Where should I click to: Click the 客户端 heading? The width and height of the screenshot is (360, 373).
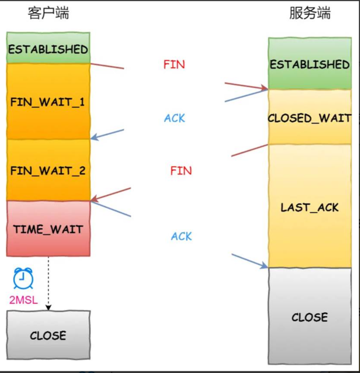[x=48, y=13]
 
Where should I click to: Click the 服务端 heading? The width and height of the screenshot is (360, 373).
[x=310, y=13]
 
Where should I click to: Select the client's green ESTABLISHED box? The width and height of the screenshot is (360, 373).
[x=48, y=48]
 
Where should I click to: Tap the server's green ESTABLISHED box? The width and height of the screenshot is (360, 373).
[x=310, y=64]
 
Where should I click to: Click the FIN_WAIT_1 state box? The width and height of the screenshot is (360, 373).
[x=48, y=103]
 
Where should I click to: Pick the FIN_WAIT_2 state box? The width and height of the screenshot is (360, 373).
[x=48, y=170]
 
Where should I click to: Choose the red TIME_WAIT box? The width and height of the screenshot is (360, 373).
[x=48, y=228]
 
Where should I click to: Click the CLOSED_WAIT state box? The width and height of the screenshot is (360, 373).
[x=310, y=117]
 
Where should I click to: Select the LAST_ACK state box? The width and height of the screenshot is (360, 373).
[x=310, y=207]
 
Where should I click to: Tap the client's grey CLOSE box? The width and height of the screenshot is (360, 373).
[x=48, y=335]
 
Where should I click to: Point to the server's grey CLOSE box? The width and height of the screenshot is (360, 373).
[x=310, y=317]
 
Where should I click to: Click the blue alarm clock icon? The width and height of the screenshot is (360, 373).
[x=23, y=279]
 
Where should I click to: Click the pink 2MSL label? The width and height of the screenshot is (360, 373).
[x=24, y=300]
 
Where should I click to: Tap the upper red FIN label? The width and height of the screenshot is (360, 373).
[x=174, y=64]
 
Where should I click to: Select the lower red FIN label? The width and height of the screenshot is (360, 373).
[x=181, y=170]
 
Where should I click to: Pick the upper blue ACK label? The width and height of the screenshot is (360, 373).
[x=175, y=118]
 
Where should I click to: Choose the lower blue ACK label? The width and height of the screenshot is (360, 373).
[x=182, y=236]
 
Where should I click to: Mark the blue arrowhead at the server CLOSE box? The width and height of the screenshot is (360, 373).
[x=265, y=265]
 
